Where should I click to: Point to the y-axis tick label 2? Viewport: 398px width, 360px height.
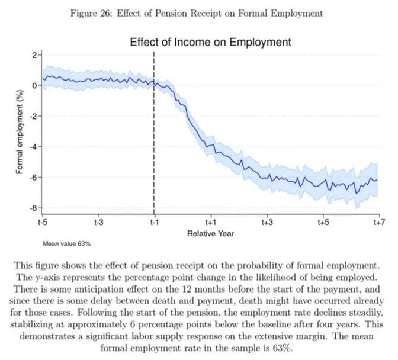coord(34,54)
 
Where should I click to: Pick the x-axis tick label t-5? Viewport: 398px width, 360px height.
coord(43,223)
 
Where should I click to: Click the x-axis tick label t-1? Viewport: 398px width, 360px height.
coord(154,223)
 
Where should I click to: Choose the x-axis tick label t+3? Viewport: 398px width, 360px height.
coord(267,223)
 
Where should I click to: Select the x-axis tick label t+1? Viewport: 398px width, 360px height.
coord(210,223)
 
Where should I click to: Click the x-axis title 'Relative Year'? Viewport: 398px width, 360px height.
coord(210,233)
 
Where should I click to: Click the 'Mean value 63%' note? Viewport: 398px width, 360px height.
coord(66,243)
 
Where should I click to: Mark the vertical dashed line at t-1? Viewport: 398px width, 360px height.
coord(154,148)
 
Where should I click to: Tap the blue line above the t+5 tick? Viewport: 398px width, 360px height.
coord(322,184)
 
